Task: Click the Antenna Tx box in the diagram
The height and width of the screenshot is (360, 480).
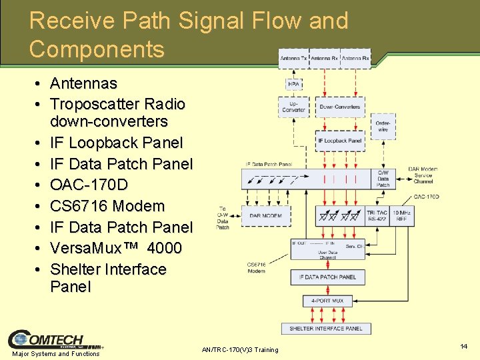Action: (294, 59)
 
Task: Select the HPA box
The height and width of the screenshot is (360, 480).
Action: (293, 85)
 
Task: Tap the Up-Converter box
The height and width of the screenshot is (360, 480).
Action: (293, 107)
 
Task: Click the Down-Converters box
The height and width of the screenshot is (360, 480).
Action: (339, 107)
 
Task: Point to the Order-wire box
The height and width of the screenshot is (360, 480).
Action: (383, 126)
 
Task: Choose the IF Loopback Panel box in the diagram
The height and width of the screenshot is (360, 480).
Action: (339, 141)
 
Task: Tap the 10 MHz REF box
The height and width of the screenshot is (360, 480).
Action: (401, 215)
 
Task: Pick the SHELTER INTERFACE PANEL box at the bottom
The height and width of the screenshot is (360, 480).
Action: (326, 328)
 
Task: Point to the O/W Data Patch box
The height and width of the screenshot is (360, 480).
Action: (383, 178)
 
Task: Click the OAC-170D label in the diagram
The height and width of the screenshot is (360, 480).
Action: (425, 197)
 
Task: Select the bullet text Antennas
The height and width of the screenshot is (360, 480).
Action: (83, 83)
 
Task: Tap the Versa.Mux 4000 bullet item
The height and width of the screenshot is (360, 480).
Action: (115, 248)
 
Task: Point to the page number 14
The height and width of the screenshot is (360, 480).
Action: (463, 347)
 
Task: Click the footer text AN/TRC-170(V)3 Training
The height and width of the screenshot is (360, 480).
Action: (239, 350)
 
